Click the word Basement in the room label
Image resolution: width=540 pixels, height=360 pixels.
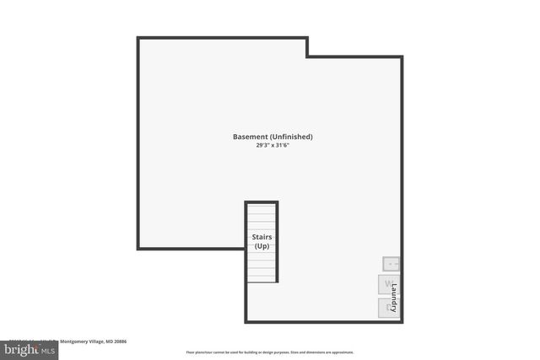point(251,137)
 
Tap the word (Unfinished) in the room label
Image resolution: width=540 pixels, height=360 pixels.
point(291,137)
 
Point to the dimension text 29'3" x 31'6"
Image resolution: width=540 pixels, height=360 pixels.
point(273,145)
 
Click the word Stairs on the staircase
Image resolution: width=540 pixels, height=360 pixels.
point(262,237)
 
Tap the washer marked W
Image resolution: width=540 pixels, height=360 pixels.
point(387,284)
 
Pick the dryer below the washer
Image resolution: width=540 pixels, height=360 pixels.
point(387,308)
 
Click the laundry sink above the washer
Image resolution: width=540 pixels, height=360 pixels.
point(391,263)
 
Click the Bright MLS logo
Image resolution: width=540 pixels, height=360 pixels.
point(29,348)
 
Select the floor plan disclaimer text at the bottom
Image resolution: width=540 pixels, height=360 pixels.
point(270,352)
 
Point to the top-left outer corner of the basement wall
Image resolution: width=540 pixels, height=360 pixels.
point(138,38)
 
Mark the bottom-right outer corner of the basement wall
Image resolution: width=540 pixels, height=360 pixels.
point(402,322)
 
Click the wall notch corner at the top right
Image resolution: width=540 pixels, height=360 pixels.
point(307,56)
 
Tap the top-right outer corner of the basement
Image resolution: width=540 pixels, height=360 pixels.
point(402,56)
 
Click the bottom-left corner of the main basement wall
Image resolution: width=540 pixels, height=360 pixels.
point(138,249)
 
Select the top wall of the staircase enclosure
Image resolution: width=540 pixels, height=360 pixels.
point(262,202)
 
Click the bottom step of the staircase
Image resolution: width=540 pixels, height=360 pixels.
point(262,277)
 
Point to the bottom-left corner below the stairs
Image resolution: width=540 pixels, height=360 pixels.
point(246,322)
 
